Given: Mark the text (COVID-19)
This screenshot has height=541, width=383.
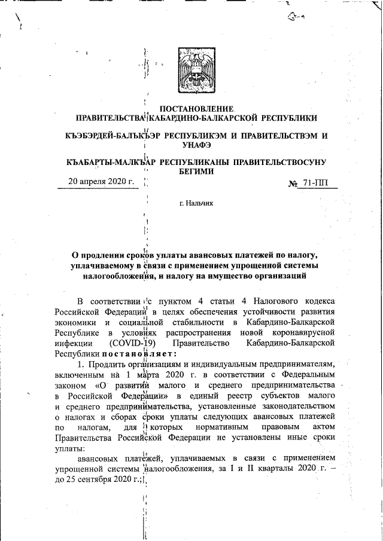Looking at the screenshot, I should click(133, 343).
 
